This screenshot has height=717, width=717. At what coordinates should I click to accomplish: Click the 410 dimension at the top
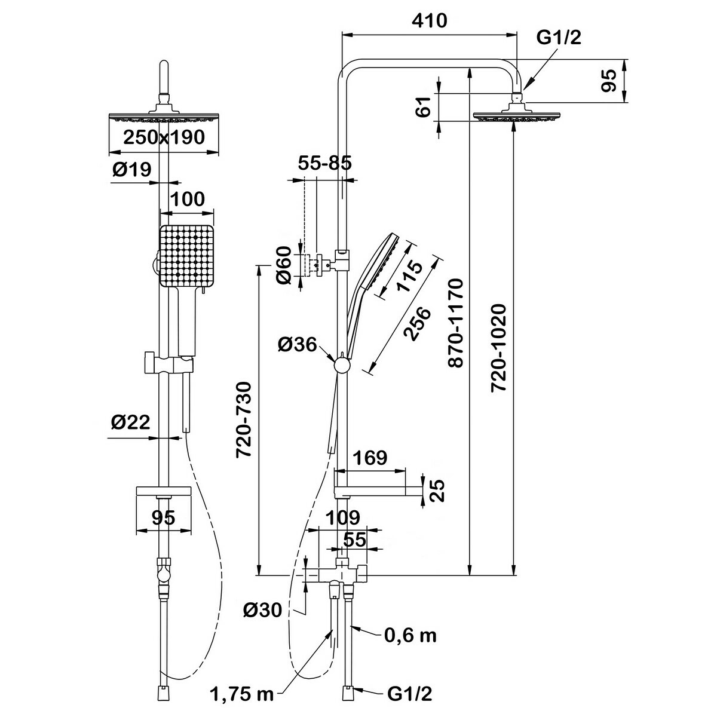[429, 21]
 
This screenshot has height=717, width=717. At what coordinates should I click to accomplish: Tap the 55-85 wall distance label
[324, 163]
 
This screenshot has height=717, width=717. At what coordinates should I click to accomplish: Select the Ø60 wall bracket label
[285, 265]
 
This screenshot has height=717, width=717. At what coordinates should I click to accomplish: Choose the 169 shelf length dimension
[370, 458]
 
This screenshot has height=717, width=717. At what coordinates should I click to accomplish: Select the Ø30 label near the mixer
[263, 610]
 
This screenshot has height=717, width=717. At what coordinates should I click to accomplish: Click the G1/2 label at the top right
[558, 38]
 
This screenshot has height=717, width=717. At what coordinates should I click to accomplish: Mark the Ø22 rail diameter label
[130, 422]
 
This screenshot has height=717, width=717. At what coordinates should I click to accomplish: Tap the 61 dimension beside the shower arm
[424, 108]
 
